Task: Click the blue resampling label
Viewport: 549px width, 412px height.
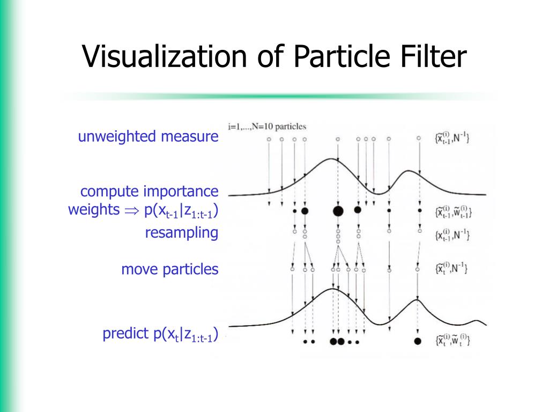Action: point(181,233)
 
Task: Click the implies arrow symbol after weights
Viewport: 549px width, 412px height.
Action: point(131,211)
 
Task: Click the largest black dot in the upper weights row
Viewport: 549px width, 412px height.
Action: point(338,211)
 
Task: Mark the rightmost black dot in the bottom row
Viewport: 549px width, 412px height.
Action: point(418,341)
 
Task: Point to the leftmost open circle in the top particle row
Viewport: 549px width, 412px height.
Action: point(269,139)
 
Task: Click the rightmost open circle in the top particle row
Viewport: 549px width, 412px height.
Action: point(419,138)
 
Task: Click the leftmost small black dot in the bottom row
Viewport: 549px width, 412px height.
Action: point(305,341)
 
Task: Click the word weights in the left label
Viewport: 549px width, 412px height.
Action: point(93,210)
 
